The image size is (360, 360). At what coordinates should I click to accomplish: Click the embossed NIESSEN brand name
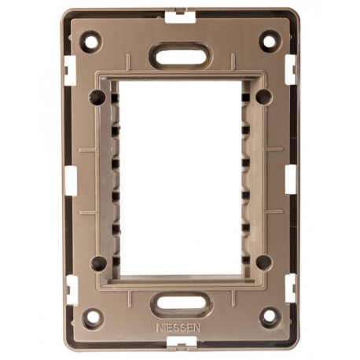(178, 328)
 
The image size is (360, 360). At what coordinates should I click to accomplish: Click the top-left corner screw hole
(91, 42)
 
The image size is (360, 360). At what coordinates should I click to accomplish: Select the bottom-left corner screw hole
(94, 318)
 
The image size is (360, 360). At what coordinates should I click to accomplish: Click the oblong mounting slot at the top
(180, 56)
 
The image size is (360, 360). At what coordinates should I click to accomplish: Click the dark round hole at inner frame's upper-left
(97, 97)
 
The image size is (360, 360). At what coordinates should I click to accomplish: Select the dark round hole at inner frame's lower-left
(98, 263)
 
